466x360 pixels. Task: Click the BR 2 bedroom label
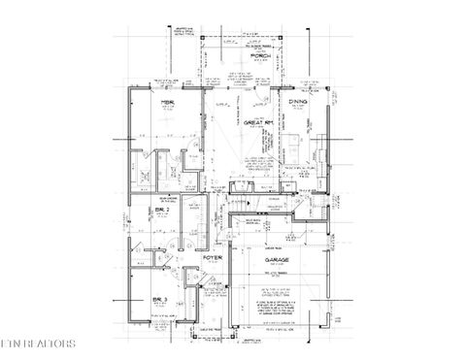(x=162, y=210)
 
